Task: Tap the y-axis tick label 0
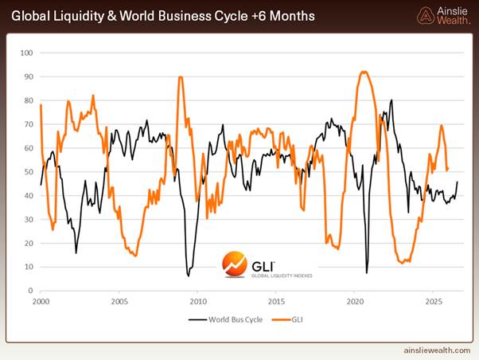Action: (x=30, y=291)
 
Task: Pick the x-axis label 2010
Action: (x=198, y=302)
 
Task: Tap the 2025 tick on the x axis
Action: (x=434, y=302)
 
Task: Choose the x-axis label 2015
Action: (x=276, y=302)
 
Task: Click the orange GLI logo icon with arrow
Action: (x=233, y=263)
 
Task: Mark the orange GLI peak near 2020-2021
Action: (x=364, y=72)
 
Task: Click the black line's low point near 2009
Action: (x=189, y=276)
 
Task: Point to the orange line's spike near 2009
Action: (x=181, y=77)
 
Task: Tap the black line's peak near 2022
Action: (x=391, y=100)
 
